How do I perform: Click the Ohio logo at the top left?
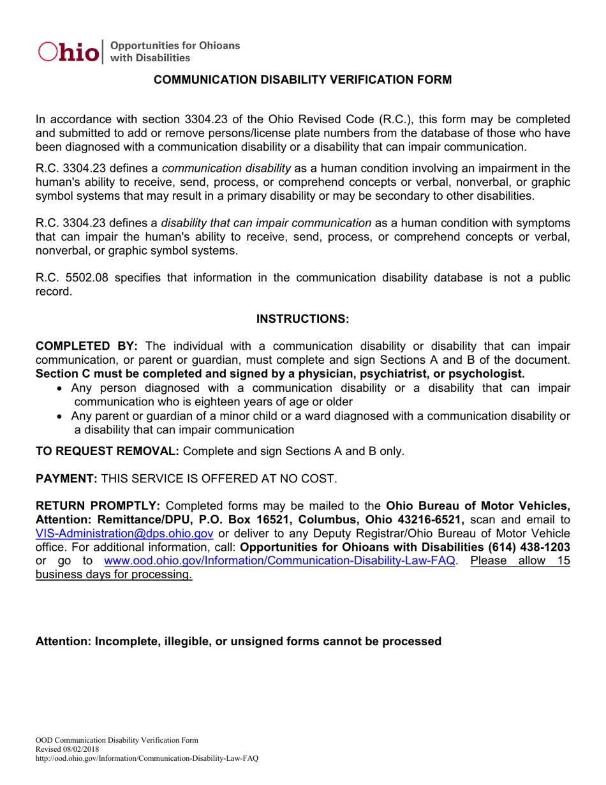pyautogui.click(x=70, y=52)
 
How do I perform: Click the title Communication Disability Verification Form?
pyautogui.click(x=303, y=80)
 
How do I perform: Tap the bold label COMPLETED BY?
pyautogui.click(x=86, y=347)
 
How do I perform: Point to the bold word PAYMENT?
pyautogui.click(x=66, y=479)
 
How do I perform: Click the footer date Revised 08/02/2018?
pyautogui.click(x=67, y=749)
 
